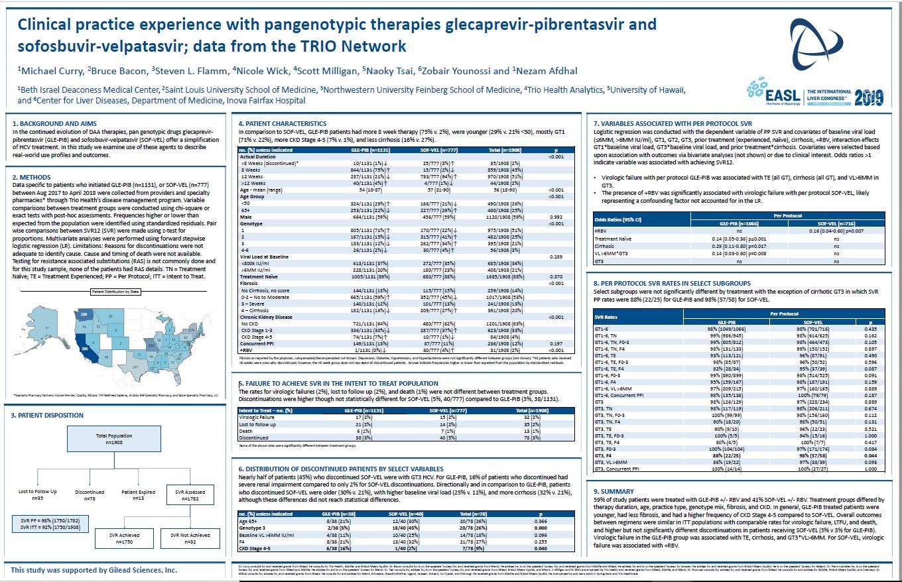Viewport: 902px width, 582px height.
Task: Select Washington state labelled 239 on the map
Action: tap(84, 314)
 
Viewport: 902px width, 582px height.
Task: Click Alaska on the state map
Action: tap(47, 327)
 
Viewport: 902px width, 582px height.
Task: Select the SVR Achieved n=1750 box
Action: tap(120, 538)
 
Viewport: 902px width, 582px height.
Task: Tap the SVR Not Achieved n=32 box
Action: tap(190, 538)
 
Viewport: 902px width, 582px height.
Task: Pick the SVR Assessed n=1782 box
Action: tap(190, 495)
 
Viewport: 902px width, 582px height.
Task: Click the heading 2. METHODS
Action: tap(33, 178)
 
